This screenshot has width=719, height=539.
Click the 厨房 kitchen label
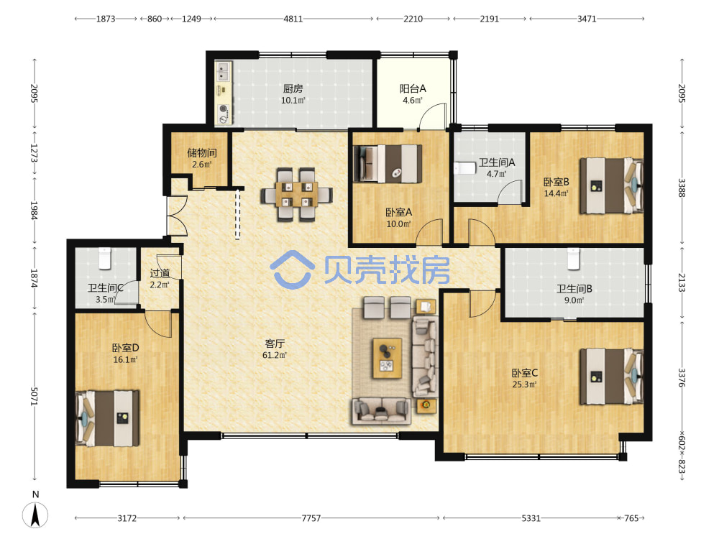tap(293, 88)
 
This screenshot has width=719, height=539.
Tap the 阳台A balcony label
tap(413, 88)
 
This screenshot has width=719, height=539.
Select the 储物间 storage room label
tap(202, 152)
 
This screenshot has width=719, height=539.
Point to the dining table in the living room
tap(297, 195)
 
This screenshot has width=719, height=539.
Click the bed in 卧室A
tap(388, 164)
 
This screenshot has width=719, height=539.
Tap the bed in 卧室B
tap(611, 185)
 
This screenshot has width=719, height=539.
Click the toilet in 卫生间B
tap(573, 259)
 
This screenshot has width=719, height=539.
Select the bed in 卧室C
tap(611, 377)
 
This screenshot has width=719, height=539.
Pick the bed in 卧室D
tap(107, 418)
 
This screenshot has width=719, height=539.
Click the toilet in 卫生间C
tap(105, 258)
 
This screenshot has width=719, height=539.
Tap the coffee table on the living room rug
tap(388, 359)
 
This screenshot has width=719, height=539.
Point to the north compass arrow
tap(35, 515)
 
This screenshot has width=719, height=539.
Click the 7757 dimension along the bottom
tap(311, 518)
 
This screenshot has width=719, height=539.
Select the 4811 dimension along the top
tap(293, 19)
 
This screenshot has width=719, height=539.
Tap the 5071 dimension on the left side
tap(35, 396)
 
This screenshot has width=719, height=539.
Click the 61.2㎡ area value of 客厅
tap(275, 355)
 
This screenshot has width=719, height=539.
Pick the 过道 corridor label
tap(160, 273)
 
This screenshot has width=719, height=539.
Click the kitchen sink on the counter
tap(224, 71)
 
